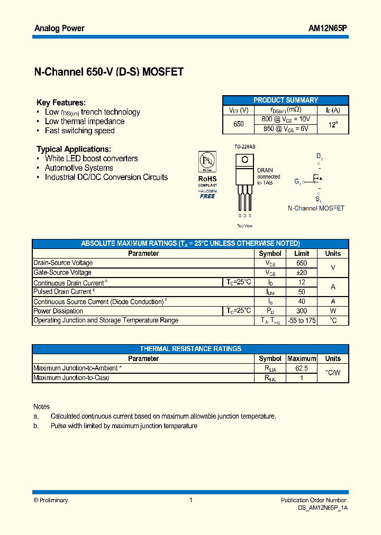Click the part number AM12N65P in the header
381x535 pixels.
click(328, 28)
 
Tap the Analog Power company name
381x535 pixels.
click(59, 28)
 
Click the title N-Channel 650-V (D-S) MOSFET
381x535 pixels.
click(108, 72)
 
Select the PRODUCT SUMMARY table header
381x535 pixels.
click(286, 100)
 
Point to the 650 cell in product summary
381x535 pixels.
click(239, 124)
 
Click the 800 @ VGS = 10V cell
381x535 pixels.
click(286, 119)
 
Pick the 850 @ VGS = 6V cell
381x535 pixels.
click(286, 128)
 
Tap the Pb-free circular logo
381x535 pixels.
click(207, 160)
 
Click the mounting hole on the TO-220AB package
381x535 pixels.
click(244, 159)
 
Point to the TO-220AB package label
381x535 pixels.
click(244, 146)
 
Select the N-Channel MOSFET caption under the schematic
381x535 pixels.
click(316, 208)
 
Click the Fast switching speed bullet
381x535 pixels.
click(79, 131)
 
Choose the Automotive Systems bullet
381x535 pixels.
click(79, 168)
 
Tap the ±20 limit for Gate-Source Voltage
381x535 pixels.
click(302, 272)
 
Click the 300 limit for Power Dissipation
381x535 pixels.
click(302, 311)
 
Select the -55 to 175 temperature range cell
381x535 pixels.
click(302, 320)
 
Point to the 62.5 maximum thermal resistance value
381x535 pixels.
click(302, 368)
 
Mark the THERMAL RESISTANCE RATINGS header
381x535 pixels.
click(190, 349)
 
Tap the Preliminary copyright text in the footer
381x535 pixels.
click(51, 500)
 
